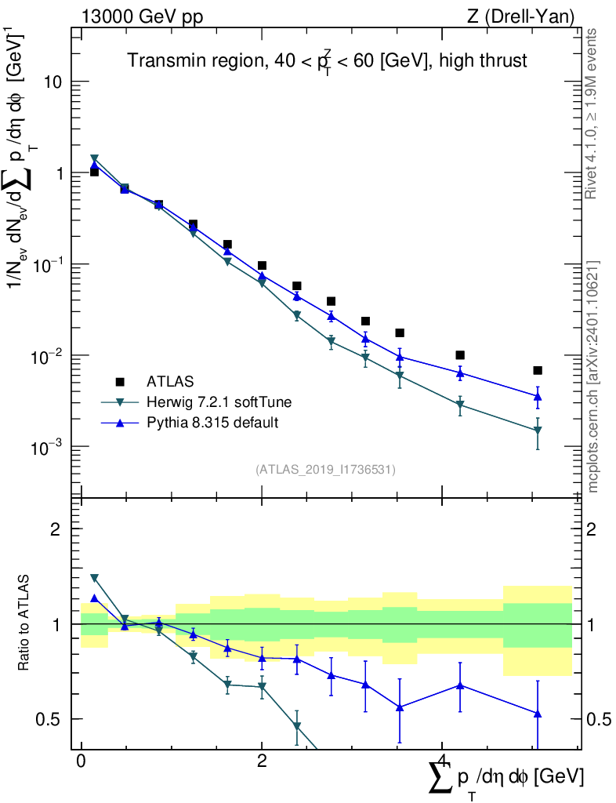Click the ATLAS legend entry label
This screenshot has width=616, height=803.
click(x=168, y=382)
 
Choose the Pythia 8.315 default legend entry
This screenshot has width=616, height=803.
click(x=212, y=423)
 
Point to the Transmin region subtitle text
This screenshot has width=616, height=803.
click(x=327, y=60)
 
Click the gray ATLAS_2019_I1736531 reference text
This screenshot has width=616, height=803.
click(x=325, y=470)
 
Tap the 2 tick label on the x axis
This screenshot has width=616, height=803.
click(x=262, y=761)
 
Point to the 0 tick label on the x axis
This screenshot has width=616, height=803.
click(x=81, y=761)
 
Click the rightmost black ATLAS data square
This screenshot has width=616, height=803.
click(x=538, y=370)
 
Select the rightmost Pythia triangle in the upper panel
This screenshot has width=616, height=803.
click(x=538, y=396)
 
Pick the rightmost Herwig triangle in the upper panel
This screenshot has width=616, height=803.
click(x=538, y=431)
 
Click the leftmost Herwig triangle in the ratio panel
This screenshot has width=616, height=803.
click(x=94, y=578)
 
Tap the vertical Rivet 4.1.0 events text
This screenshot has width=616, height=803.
click(x=593, y=114)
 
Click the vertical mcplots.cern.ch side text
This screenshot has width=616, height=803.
click(x=593, y=376)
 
